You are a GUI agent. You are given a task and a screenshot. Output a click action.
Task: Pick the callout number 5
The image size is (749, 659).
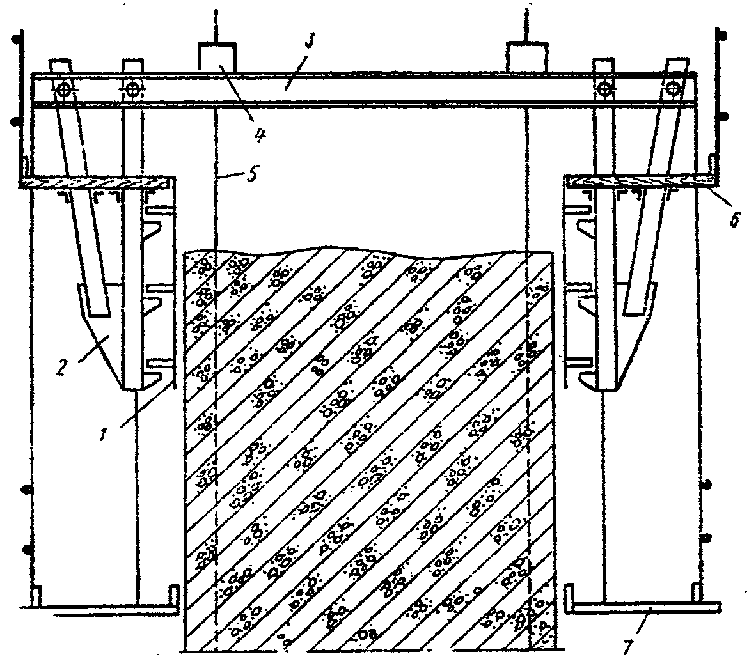(251, 174)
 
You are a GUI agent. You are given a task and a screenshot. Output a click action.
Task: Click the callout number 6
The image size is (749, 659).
(735, 219)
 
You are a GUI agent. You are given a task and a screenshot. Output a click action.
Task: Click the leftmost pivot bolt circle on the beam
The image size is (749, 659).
(63, 89)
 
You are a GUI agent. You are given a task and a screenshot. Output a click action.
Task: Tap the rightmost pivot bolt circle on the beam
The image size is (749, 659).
(674, 88)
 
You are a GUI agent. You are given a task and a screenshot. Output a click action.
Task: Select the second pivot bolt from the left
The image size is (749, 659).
(132, 89)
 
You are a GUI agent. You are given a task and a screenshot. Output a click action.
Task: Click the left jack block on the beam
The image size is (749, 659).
(217, 58)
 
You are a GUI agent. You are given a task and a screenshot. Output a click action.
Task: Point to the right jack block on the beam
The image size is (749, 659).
(526, 58)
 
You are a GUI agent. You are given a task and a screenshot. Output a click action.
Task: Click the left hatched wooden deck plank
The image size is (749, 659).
(95, 182)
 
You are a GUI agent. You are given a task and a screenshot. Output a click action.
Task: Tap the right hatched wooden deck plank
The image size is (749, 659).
(640, 180)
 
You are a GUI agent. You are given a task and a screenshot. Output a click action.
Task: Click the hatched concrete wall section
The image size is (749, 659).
(371, 449)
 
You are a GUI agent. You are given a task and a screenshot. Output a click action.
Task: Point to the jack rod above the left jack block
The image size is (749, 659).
(216, 26)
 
